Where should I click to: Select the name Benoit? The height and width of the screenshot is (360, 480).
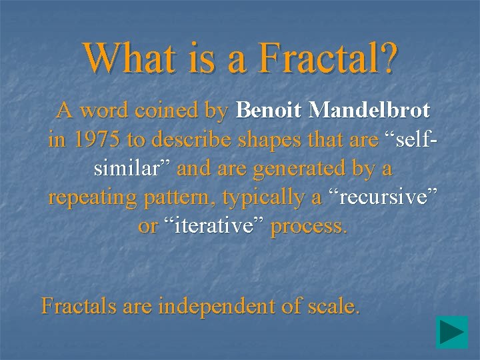pos(269,110)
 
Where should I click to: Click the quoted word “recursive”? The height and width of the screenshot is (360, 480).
pos(381,197)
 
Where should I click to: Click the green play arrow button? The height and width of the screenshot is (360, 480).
pos(451,333)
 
